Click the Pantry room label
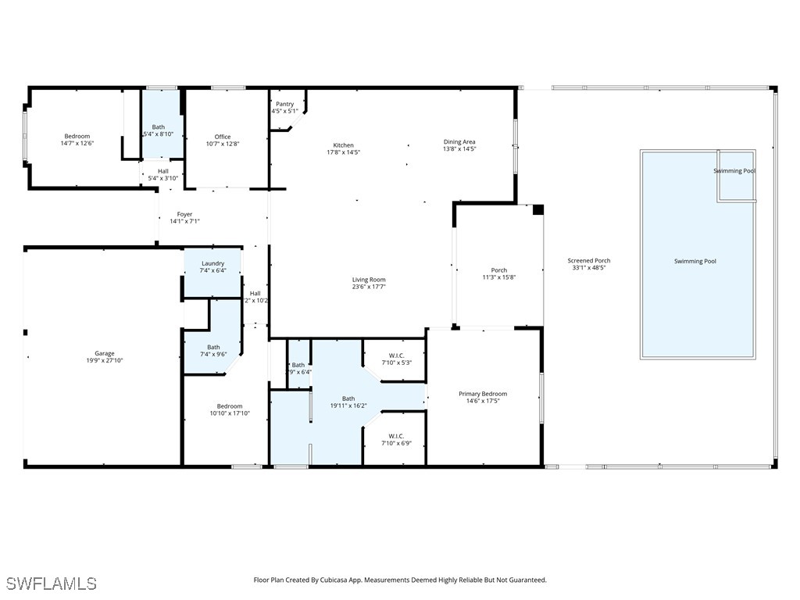(284, 104)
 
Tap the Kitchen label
(343, 145)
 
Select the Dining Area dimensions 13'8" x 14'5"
(459, 149)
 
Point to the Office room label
(223, 137)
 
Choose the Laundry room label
(212, 264)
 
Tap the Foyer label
(184, 214)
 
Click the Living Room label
(369, 280)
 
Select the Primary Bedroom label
(483, 394)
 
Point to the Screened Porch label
(589, 261)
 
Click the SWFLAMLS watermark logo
(52, 584)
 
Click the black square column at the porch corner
(537, 209)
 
